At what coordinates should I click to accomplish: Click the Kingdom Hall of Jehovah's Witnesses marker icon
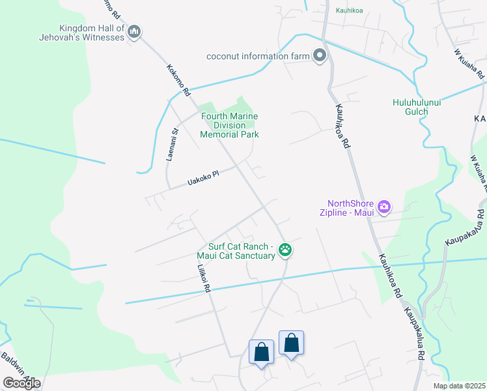click(134, 31)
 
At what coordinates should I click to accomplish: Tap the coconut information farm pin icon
click(319, 56)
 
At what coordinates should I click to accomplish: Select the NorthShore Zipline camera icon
click(383, 207)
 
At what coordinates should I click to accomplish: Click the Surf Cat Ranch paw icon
click(285, 249)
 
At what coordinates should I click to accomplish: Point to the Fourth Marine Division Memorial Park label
click(229, 125)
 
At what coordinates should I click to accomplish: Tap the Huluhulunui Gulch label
click(410, 107)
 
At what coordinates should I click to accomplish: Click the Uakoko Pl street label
click(202, 177)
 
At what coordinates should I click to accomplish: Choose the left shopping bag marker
click(261, 352)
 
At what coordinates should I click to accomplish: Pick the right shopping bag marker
click(291, 343)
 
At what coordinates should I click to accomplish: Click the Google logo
click(21, 383)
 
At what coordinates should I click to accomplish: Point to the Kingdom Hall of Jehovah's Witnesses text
click(91, 33)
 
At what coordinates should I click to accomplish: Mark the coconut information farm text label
click(258, 56)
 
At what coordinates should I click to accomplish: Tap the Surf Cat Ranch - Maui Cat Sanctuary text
click(241, 251)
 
